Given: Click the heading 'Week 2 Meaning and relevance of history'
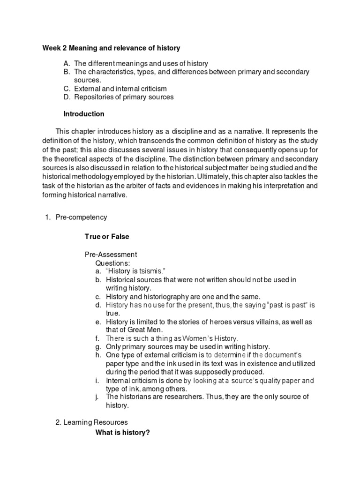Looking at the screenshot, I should coord(111,48).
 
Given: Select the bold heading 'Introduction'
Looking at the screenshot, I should coord(84,114).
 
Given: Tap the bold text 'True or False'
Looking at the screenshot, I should coord(106,237).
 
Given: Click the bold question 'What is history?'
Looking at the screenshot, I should coord(122,433).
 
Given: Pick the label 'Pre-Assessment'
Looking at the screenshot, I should coord(111,255).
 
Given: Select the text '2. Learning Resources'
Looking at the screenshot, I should coord(91,422).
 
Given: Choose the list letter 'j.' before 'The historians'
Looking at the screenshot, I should coord(97,397).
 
